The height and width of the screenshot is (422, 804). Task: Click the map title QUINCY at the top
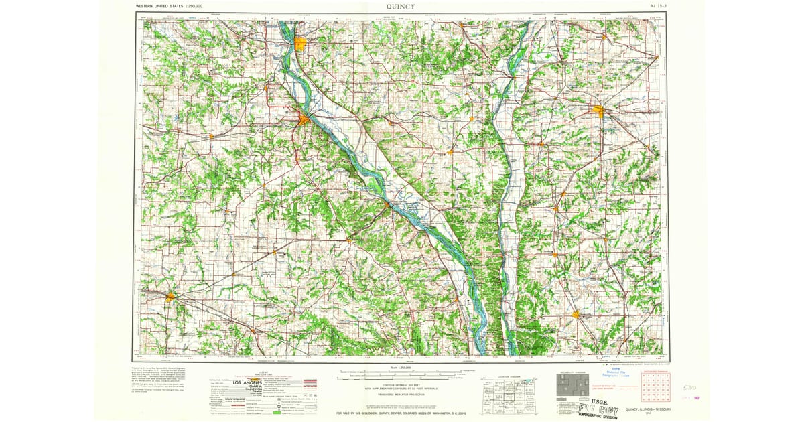(x=400, y=7)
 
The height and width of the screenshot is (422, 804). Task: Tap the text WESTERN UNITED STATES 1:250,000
(x=170, y=6)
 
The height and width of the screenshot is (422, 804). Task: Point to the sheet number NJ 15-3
(x=649, y=6)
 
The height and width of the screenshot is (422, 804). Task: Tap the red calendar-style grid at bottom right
(x=655, y=387)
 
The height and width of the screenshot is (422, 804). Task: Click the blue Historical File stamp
(x=612, y=376)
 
